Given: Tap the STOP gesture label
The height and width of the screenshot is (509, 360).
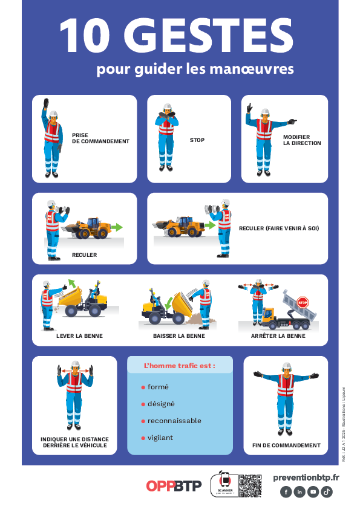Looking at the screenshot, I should tap(197, 140).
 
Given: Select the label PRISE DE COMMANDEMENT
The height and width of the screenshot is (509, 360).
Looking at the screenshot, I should tap(100, 138).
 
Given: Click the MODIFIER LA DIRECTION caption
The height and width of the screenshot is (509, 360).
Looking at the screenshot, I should tap(302, 140).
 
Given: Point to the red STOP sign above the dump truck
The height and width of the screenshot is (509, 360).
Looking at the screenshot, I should tap(303, 302).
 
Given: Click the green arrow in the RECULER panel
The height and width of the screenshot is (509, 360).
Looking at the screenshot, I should tap(117, 227).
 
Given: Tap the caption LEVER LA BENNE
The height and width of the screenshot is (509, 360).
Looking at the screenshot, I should tap(79, 336).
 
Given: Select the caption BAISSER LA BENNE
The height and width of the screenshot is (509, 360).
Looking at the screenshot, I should tap(179, 336).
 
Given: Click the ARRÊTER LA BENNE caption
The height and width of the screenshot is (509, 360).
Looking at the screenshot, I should tap(278, 336).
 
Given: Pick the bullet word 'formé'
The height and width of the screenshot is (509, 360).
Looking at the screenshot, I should tap(158, 387).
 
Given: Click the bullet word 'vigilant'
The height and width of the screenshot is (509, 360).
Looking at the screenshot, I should tap(160, 438).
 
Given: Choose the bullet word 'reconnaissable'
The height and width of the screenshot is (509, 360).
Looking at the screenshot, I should tap(174, 421).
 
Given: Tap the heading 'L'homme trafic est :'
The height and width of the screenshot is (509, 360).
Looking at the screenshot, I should tap(179, 366).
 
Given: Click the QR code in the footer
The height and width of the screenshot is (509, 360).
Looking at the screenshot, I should tap(250, 485).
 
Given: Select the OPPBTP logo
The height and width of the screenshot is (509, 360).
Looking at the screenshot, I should tap(174, 486).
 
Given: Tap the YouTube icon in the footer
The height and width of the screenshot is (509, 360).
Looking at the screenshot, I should tap(313, 492).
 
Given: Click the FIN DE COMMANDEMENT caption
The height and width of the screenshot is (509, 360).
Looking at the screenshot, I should tap(286, 446).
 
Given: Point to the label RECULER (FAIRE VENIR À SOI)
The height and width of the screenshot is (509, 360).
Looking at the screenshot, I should tap(279, 229).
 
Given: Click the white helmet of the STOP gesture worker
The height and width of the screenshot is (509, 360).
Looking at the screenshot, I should tap(166, 107).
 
